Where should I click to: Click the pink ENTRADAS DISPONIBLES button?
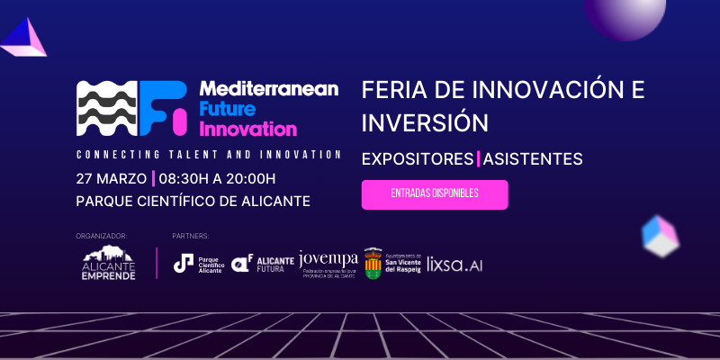tap(435, 194)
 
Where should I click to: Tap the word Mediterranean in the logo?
tap(268, 89)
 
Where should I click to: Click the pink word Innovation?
tap(247, 129)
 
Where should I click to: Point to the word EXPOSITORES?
tap(417, 159)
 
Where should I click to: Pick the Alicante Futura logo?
tap(262, 263)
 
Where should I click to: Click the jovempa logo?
tap(328, 263)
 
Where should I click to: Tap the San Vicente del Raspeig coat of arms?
tap(373, 263)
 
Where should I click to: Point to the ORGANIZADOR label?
tap(103, 236)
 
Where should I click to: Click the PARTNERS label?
tap(190, 236)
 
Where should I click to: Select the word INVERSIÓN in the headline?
tap(424, 122)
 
